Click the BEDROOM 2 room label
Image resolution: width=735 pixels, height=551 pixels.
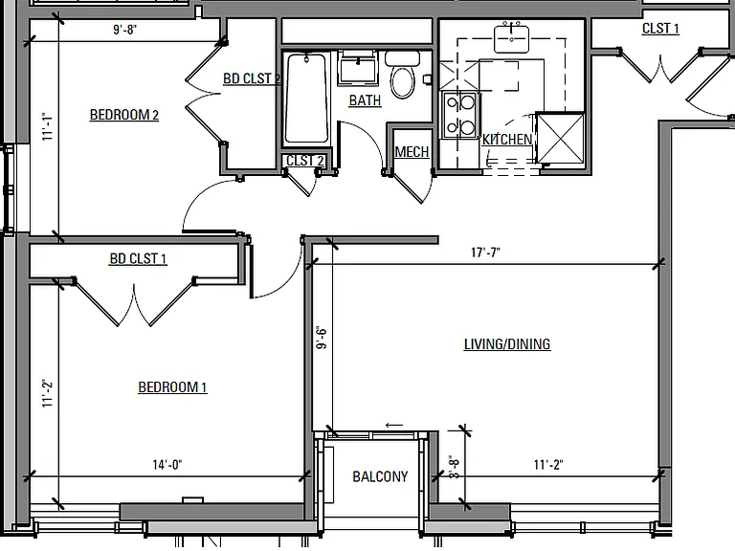coord(124,115)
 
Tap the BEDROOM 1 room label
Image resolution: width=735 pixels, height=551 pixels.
coord(172,387)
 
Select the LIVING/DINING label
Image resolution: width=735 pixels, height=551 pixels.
coord(507,344)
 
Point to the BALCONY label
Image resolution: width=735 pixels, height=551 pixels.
coord(380,477)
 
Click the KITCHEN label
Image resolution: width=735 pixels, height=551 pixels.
coord(507,140)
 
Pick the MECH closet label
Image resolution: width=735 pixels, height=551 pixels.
coord(412,152)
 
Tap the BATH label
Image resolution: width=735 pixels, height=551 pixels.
coord(366,100)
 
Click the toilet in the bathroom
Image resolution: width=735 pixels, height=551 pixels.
coord(403,74)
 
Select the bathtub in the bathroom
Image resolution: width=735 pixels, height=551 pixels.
coord(306,98)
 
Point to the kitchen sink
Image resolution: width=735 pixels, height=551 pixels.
coord(511,39)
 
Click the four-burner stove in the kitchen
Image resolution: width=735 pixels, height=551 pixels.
coord(459,115)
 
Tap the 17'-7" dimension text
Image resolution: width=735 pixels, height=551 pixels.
coord(485,253)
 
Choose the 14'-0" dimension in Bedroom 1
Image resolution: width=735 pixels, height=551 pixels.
coord(167,465)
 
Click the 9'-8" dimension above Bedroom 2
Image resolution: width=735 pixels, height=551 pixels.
coord(124,30)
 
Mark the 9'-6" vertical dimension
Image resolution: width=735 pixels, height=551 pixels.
coord(322,338)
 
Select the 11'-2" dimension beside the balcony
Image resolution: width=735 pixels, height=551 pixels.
coord(548,465)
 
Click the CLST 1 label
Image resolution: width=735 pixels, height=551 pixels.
coord(660,29)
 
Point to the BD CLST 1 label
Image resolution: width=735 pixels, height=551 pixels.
coord(138,259)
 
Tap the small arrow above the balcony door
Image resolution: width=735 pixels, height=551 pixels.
coord(393,426)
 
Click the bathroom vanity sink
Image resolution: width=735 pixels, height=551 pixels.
coord(358,69)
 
